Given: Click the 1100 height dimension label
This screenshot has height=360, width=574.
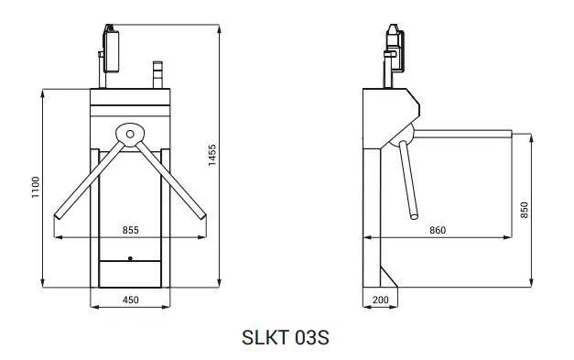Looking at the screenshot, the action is tap(36, 187).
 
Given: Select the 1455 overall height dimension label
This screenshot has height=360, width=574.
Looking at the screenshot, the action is tap(212, 155).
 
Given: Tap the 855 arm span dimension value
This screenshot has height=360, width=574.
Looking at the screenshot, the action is tap(130, 230).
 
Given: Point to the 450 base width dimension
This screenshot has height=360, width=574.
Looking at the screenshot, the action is tap(130, 300).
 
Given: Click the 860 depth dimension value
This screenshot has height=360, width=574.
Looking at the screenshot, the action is tap(438, 230).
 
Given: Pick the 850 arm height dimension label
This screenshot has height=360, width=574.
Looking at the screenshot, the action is tap(525, 210).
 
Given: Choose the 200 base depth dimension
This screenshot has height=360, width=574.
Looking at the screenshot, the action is tap(380, 300).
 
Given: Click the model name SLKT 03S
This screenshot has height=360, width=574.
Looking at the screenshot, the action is tap(286, 337).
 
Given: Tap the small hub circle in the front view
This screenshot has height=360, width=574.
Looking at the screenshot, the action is tap(130, 134).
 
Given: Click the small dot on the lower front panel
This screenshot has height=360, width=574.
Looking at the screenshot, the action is tap(130, 258).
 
